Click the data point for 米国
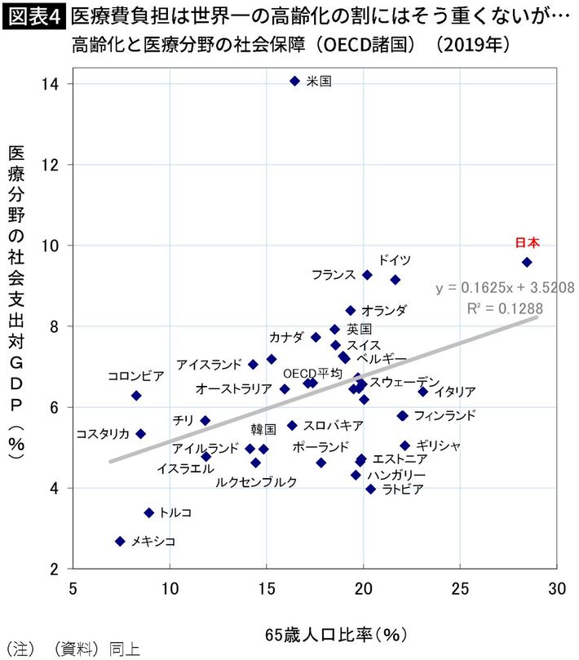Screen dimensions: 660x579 click(x=295, y=81)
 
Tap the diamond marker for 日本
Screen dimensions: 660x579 click(x=527, y=262)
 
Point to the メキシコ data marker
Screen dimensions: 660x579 click(x=120, y=541)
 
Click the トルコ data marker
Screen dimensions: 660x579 click(x=148, y=512)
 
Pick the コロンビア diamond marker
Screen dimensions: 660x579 click(x=136, y=395)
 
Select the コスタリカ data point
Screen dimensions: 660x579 click(x=140, y=433)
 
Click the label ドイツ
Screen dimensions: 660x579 click(x=395, y=259)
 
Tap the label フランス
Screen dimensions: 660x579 click(x=334, y=275)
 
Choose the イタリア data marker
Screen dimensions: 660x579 click(x=422, y=392)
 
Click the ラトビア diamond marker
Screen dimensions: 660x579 click(x=370, y=489)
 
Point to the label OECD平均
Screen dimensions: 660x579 click(x=312, y=372)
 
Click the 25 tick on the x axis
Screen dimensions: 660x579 click(x=460, y=587)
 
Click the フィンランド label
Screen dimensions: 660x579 click(x=444, y=415)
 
